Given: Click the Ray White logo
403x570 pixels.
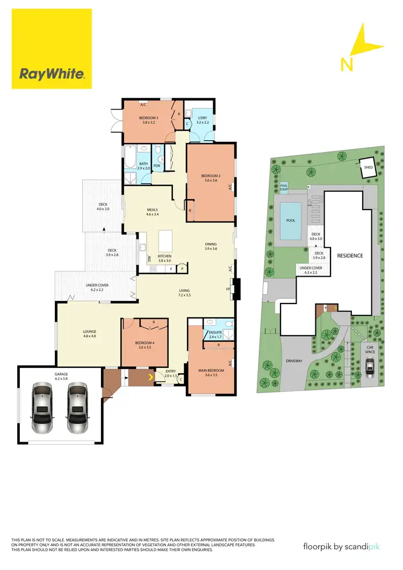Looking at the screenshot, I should (52, 74).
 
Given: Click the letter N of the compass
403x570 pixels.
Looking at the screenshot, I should (347, 64).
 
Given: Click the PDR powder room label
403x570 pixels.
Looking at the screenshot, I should (157, 165).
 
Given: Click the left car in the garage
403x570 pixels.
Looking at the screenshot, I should (44, 408).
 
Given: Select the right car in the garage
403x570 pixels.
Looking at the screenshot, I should (78, 408).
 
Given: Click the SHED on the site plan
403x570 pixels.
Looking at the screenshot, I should (368, 167).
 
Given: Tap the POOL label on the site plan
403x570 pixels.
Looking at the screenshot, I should (291, 220).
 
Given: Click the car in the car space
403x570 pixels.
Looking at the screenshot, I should (369, 366).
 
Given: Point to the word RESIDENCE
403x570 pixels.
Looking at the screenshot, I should (350, 256).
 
